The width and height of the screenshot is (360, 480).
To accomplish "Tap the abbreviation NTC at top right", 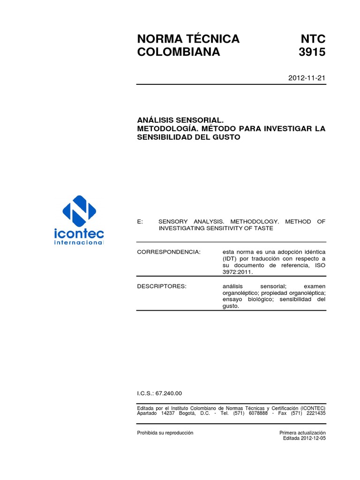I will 312,38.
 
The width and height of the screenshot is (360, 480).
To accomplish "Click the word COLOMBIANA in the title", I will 178,52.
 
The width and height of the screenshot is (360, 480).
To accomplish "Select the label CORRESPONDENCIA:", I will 168,252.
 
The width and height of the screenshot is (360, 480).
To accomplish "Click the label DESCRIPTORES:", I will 161,286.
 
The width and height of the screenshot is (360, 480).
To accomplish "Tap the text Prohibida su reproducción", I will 165,433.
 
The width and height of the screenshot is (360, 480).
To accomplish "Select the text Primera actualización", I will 302,433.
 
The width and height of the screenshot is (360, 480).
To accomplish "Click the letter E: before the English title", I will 140,222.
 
